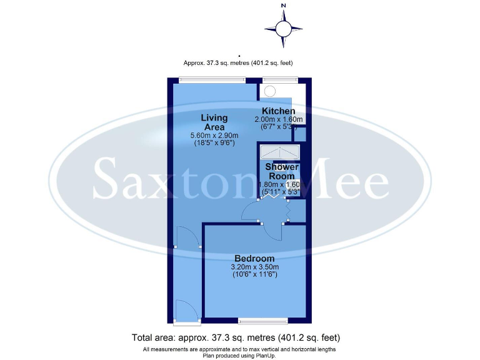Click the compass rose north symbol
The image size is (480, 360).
coord(283,28)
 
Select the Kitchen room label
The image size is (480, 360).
coord(278,111)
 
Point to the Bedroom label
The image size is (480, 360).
coord(254,258)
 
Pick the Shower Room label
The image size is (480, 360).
coord(282,171)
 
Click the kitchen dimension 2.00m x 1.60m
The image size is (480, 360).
coord(278,119)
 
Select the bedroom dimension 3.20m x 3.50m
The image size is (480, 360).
coord(254,267)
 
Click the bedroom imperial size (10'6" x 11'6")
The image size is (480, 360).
coord(254,274)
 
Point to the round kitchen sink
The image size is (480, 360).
coord(270,91)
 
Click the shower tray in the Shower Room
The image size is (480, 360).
coord(279,154)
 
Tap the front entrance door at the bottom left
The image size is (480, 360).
coord(186,311)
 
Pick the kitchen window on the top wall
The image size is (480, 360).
coord(279,79)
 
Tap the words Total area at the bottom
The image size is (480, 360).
coord(152,338)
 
